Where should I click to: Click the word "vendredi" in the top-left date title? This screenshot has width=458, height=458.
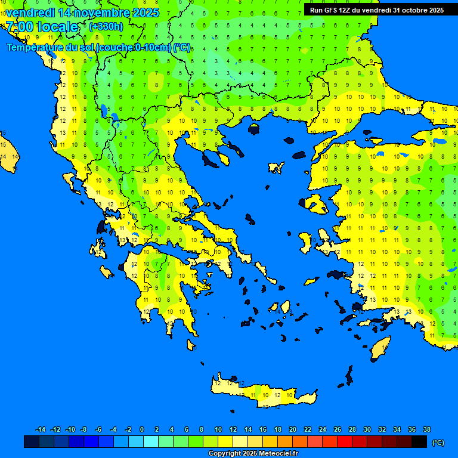click(30, 12)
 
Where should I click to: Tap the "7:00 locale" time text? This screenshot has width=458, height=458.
click(42, 27)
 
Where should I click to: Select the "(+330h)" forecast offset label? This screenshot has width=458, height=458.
click(106, 27)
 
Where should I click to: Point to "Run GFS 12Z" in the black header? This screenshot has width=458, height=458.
click(334, 10)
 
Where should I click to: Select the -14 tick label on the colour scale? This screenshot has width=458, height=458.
click(41, 430)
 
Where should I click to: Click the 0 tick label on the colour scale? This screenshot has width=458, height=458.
click(142, 430)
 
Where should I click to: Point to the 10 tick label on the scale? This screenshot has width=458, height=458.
click(218, 430)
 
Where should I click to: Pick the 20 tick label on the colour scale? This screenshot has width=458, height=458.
click(293, 430)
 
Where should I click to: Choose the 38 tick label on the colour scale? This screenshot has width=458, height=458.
click(427, 430)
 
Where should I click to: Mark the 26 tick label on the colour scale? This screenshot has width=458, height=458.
click(338, 430)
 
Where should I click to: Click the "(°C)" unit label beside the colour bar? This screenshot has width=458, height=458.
click(438, 442)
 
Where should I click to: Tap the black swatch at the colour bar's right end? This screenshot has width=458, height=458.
click(419, 442)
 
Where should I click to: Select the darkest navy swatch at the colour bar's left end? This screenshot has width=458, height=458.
click(32, 442)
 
